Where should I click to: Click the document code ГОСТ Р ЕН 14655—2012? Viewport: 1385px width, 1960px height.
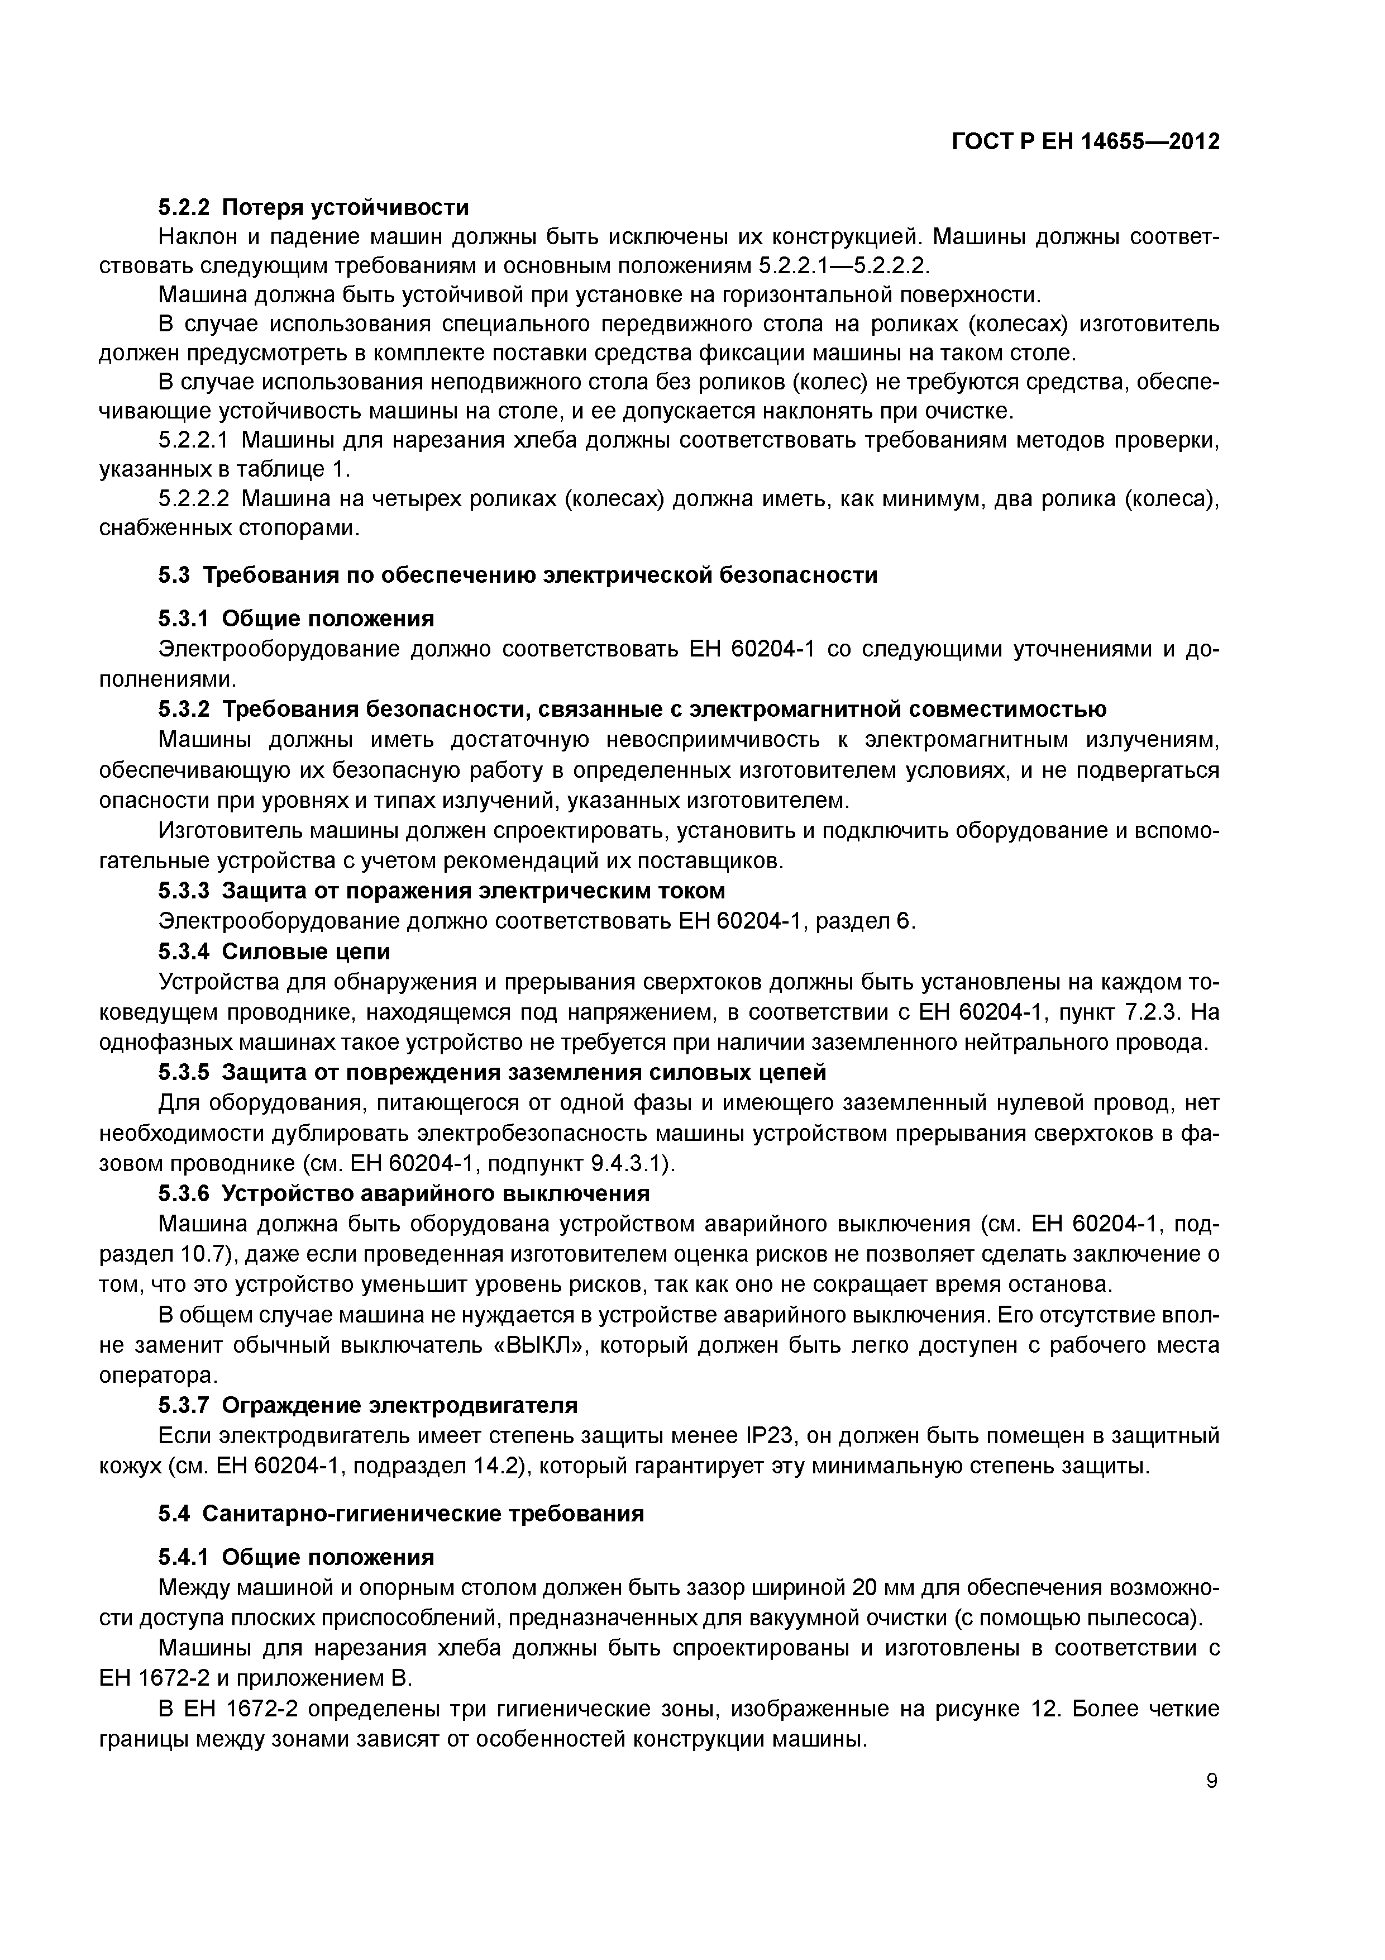[x=1086, y=142]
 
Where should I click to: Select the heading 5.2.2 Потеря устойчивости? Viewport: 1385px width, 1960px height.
[x=313, y=207]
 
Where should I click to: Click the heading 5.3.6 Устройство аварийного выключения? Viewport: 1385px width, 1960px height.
[x=404, y=1193]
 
